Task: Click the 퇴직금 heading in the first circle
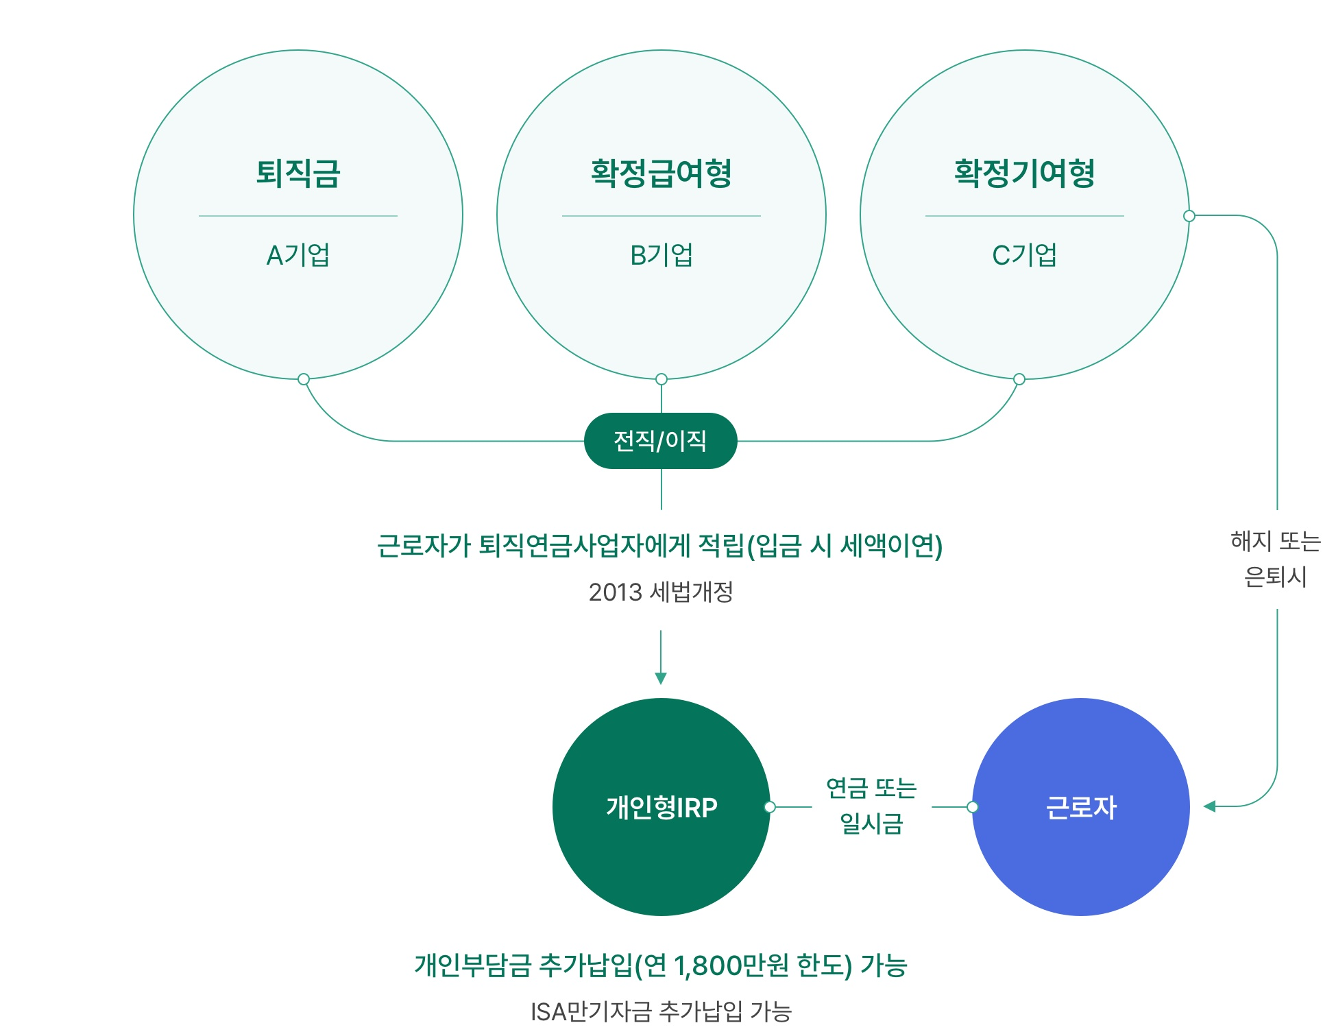tap(298, 173)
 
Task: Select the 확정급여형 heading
tap(661, 173)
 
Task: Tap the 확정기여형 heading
tap(1025, 173)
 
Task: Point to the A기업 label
tap(298, 255)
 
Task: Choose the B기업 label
tap(661, 255)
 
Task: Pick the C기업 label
tap(1025, 255)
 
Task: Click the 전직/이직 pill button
tap(661, 441)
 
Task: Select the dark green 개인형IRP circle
tap(661, 807)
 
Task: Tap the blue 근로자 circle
tap(1081, 807)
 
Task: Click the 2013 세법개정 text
tap(661, 592)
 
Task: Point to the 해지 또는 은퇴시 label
tap(1276, 559)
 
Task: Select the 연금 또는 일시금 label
tap(872, 806)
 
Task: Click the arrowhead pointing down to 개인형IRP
tap(661, 679)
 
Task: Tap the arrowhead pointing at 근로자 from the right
tap(1209, 806)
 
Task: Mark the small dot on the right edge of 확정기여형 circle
tap(1189, 216)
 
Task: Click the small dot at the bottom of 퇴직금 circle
tap(304, 379)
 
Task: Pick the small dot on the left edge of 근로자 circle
tap(972, 807)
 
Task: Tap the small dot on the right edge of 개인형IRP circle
tap(770, 807)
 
